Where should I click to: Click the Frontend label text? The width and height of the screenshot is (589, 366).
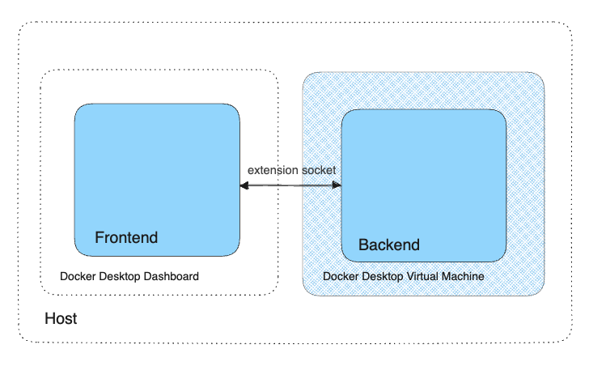point(126,238)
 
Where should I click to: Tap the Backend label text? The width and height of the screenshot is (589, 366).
point(389,245)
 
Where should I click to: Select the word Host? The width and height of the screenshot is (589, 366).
point(61,319)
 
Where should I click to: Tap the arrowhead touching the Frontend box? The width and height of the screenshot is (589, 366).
point(244,186)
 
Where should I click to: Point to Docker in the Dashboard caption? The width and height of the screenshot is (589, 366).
point(76,277)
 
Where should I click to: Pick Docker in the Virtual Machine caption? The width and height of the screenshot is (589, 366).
point(339,276)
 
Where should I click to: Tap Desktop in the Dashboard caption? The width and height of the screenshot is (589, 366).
point(118,277)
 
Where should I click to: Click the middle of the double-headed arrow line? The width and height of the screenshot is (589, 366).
point(290,186)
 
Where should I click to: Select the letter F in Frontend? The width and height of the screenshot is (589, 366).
point(100,238)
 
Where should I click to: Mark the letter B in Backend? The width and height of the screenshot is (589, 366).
point(363,245)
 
